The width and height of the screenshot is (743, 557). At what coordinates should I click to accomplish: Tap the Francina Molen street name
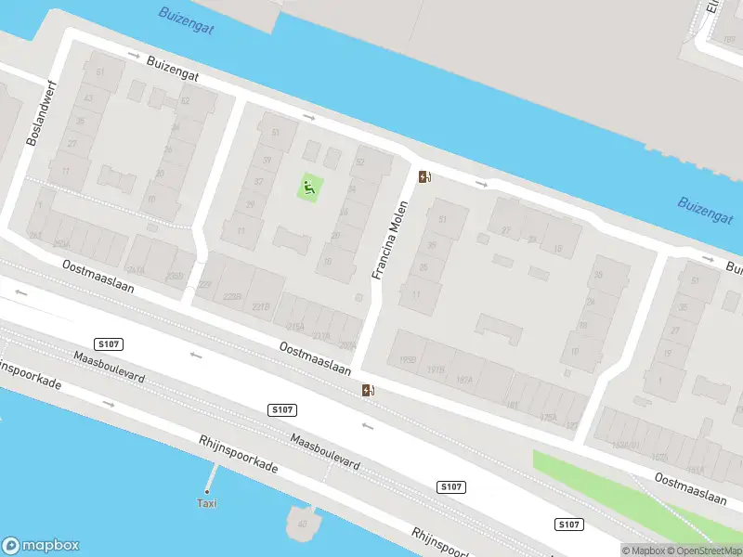coord(390,240)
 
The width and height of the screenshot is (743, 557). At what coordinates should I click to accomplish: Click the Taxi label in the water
coord(206,504)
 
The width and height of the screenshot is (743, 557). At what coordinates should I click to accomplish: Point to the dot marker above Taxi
coord(207,491)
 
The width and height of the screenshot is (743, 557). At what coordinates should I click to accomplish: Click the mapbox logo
coord(41,546)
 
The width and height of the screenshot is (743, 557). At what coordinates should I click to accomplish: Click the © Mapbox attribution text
coord(644,550)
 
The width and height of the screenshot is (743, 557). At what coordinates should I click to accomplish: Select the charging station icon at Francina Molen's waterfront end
coord(424,176)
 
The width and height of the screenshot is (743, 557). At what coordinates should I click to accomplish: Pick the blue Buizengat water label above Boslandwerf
coord(186,20)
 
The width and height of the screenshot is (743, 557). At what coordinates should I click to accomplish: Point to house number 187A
coord(463,380)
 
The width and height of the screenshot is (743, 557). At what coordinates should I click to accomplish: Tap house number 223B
coord(232,297)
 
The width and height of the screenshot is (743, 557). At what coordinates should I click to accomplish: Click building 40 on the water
coord(302,523)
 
